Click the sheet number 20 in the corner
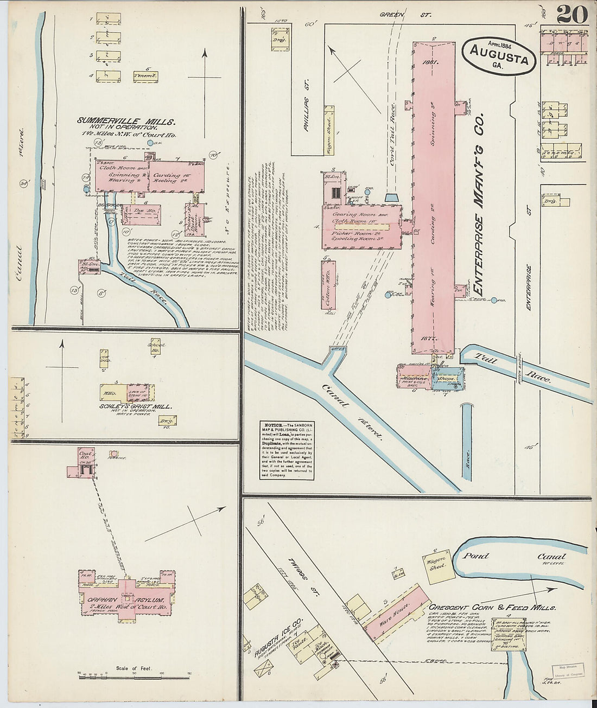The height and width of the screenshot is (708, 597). pyautogui.click(x=571, y=14)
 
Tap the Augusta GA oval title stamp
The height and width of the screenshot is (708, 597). pyautogui.click(x=499, y=56)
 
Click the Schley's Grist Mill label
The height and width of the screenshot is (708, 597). pyautogui.click(x=136, y=406)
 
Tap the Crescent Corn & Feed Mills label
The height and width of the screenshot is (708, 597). pyautogui.click(x=492, y=608)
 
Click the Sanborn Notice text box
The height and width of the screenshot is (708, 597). pyautogui.click(x=287, y=451)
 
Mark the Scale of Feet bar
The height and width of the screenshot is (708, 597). pyautogui.click(x=134, y=675)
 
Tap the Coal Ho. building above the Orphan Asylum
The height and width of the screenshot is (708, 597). pyautogui.click(x=84, y=463)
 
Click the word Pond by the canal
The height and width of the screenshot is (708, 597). pyautogui.click(x=475, y=556)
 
